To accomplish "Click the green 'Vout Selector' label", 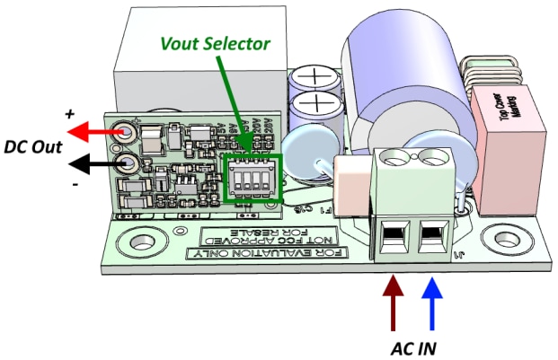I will (217, 42).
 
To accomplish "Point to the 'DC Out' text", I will (34, 148).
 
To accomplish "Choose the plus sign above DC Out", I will (69, 116).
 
